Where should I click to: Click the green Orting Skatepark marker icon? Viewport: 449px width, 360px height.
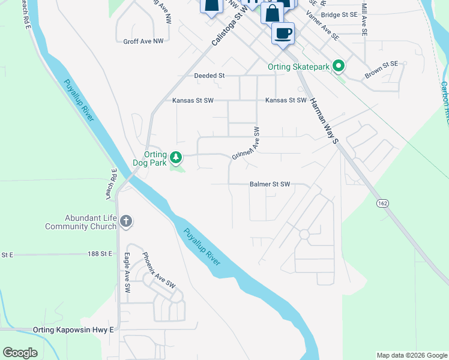click(x=338, y=67)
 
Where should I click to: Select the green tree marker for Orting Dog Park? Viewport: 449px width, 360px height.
click(x=176, y=158)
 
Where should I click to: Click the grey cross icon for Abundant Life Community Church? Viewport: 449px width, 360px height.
click(x=125, y=222)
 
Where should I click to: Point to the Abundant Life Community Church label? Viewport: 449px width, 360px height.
click(x=80, y=223)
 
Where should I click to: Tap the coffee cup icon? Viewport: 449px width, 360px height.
click(x=283, y=33)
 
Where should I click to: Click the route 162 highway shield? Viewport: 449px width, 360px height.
click(x=382, y=204)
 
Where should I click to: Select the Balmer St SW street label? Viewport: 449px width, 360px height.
click(x=270, y=185)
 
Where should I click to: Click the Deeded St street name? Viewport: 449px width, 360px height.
click(x=209, y=76)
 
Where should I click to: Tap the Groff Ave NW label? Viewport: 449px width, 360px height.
click(x=143, y=42)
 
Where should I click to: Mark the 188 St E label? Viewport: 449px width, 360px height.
click(x=100, y=254)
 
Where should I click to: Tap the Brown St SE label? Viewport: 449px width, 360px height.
click(x=382, y=70)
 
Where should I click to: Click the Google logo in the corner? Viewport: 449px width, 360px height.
click(x=20, y=353)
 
